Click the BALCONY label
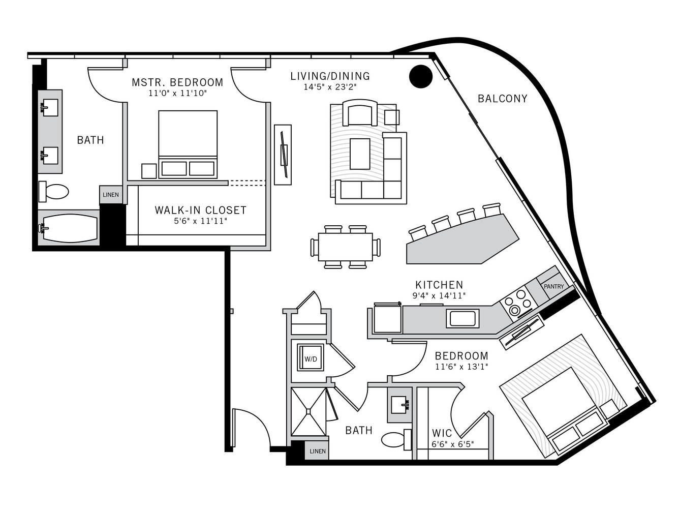502,99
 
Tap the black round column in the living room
421,76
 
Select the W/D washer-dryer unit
311,357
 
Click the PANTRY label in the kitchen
553,286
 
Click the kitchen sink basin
462,318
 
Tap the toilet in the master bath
53,192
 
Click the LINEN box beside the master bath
111,195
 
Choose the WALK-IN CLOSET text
200,211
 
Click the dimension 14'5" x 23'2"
330,87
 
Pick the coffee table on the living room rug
360,154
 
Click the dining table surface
346,247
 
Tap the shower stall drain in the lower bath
308,411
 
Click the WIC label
442,433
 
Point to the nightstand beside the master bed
149,171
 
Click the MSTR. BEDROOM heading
177,82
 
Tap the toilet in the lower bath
396,439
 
